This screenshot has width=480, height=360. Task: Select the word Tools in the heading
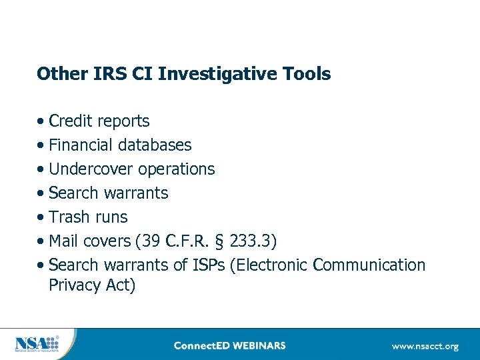tap(309, 73)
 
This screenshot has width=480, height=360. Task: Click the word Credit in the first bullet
tap(71, 121)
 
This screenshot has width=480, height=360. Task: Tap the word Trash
tap(69, 217)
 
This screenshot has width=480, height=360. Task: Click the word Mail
tap(64, 241)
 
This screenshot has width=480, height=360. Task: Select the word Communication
tap(369, 265)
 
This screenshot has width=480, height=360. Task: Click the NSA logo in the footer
tap(37, 345)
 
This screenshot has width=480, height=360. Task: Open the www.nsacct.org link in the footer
tap(425, 346)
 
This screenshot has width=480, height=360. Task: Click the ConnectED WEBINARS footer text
tap(229, 346)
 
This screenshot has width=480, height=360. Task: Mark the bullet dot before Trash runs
tap(42, 218)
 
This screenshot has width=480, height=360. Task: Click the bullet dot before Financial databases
tap(42, 146)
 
